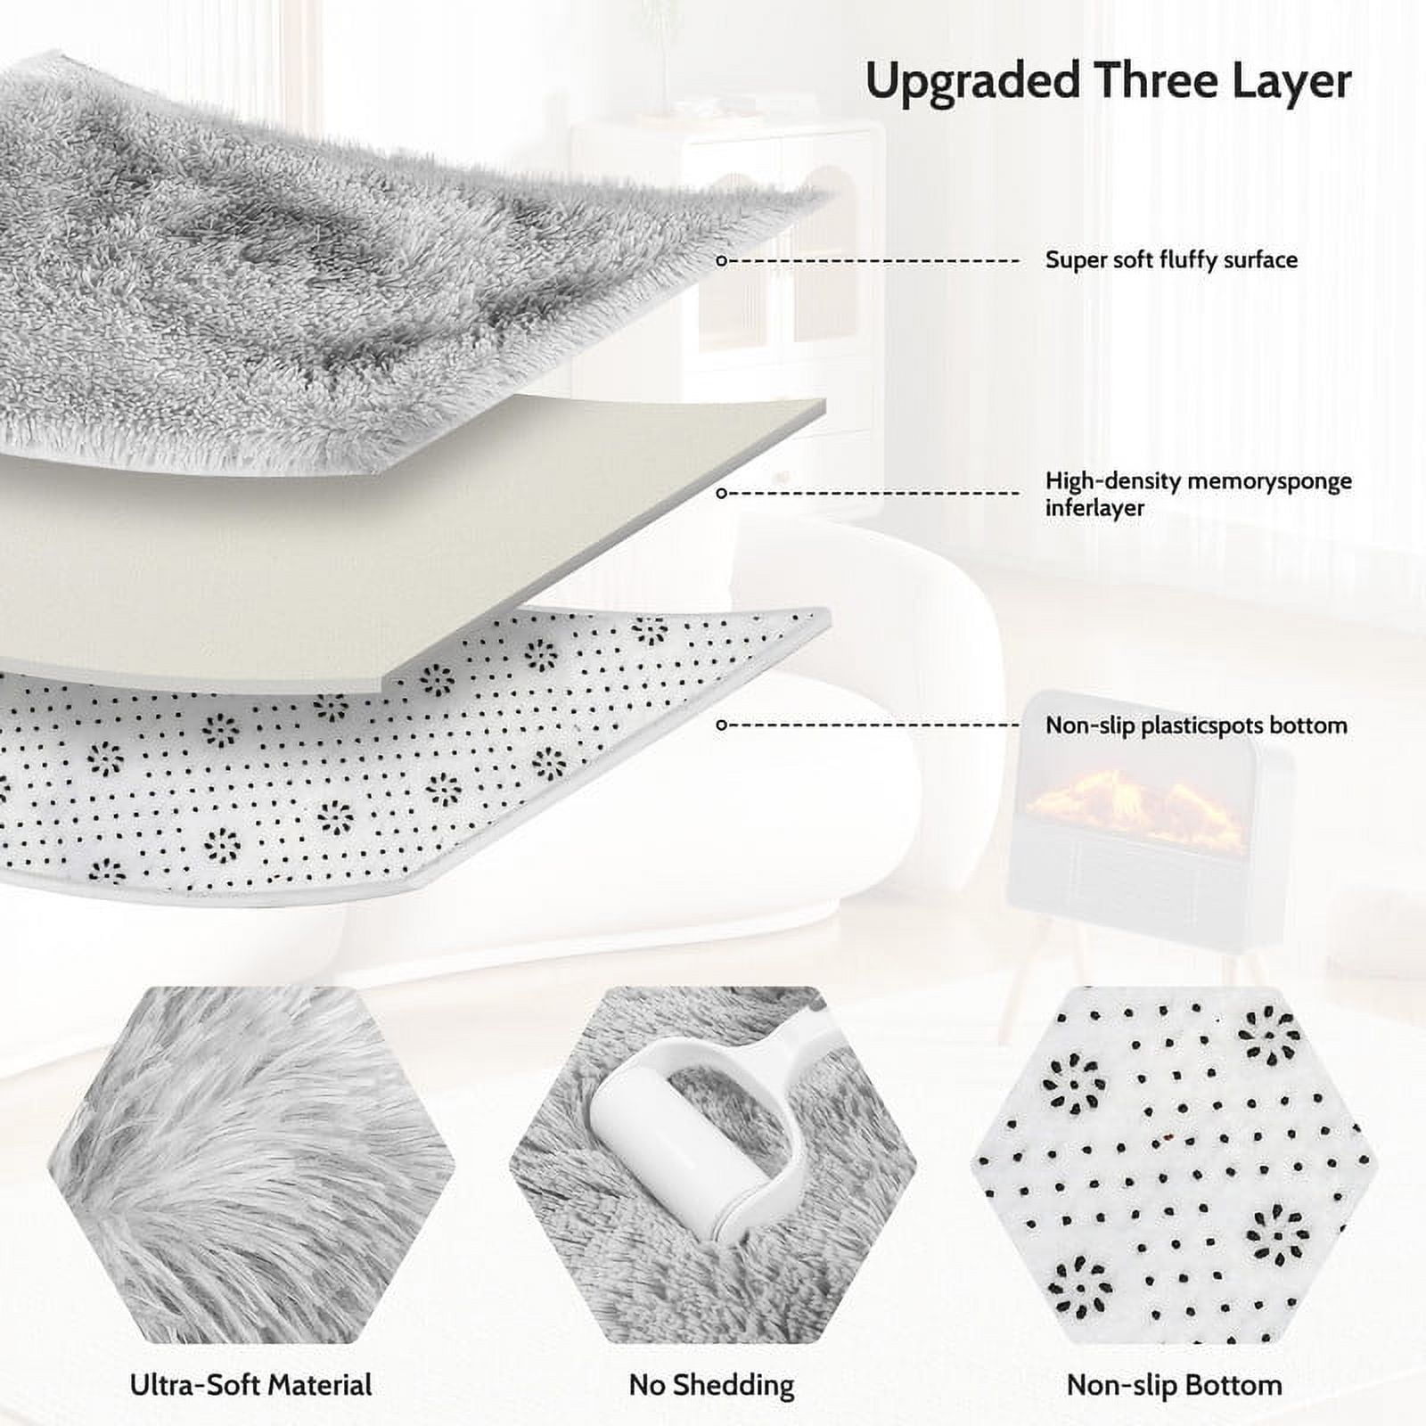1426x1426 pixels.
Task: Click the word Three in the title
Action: click(x=1156, y=80)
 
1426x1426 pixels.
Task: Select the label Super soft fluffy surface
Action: click(x=1171, y=260)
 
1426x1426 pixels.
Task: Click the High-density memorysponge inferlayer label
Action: click(x=1198, y=494)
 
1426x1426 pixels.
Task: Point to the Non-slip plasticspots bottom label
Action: click(x=1196, y=725)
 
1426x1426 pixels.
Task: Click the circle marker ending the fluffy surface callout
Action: click(x=722, y=261)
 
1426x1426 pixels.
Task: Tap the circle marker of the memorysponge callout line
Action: click(x=722, y=493)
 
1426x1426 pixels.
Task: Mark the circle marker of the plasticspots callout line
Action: click(x=722, y=725)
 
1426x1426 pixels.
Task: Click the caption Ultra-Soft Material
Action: click(x=250, y=1385)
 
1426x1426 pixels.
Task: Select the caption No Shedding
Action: click(x=711, y=1385)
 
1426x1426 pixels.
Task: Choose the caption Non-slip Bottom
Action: click(x=1174, y=1385)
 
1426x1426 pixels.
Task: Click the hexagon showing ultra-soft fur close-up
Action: click(x=250, y=1165)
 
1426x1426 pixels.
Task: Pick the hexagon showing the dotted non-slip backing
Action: click(x=1175, y=1165)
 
